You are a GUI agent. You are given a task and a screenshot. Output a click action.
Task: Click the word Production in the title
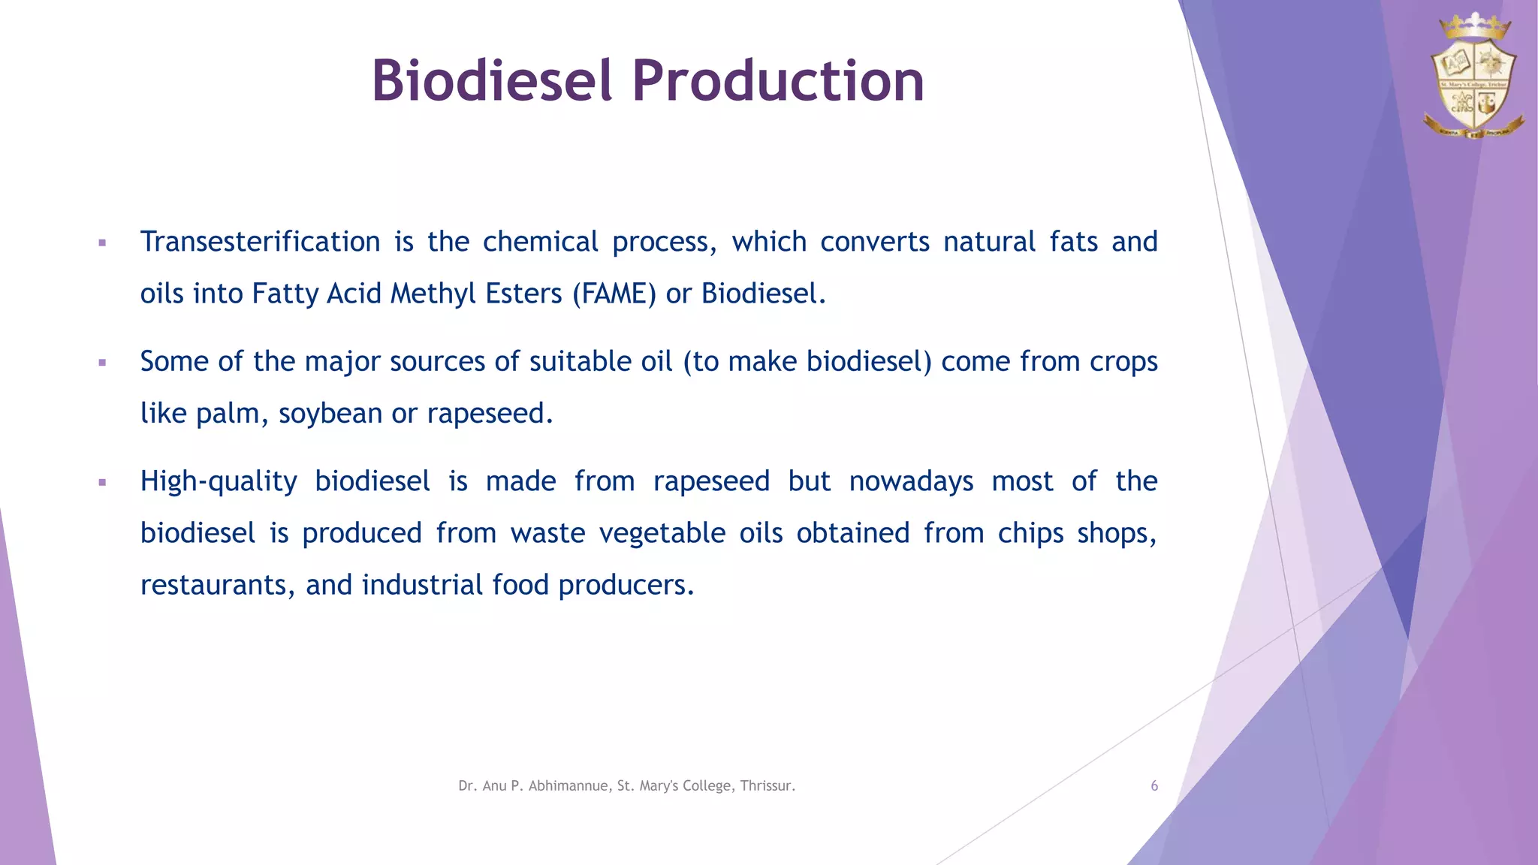click(x=778, y=80)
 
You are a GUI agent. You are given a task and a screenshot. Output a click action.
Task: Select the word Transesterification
click(x=260, y=242)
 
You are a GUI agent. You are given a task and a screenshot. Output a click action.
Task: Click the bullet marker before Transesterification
click(x=102, y=243)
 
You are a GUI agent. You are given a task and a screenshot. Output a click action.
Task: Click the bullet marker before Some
click(x=102, y=363)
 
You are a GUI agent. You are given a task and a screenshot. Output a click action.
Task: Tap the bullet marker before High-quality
click(x=102, y=483)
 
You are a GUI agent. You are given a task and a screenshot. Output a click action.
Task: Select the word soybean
click(x=330, y=414)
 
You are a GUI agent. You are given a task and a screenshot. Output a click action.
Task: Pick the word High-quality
click(x=219, y=481)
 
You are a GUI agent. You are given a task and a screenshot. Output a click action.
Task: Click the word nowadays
click(x=911, y=481)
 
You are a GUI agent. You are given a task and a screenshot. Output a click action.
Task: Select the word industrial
click(x=422, y=585)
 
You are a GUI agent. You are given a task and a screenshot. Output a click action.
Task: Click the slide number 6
click(x=1154, y=786)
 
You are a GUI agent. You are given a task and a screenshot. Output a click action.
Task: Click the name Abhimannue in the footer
click(x=568, y=786)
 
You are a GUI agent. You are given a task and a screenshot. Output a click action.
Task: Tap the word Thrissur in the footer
click(x=767, y=786)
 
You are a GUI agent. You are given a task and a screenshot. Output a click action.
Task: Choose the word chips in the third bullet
click(x=1030, y=533)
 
